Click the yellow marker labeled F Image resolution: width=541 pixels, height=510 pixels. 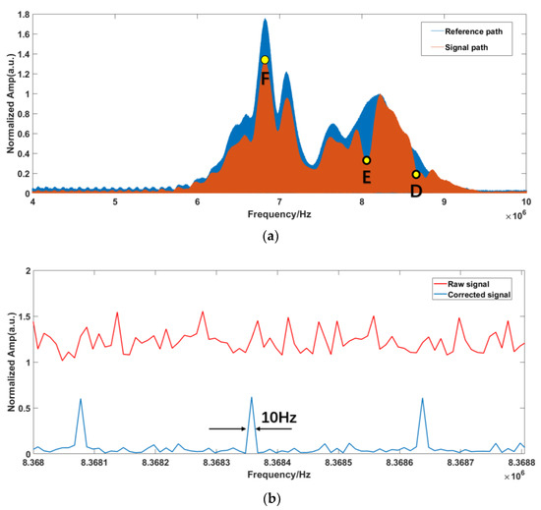click(x=265, y=60)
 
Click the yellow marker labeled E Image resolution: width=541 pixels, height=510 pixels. click(x=366, y=160)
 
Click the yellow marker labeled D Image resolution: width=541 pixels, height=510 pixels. click(x=416, y=175)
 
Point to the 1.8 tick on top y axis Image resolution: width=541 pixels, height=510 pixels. click(x=22, y=15)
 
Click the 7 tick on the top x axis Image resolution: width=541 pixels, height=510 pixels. click(x=280, y=202)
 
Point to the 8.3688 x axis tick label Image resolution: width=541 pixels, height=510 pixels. click(x=522, y=463)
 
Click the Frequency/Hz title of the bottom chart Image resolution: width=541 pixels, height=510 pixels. click(x=279, y=476)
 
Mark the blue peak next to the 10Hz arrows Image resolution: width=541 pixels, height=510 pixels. click(x=252, y=398)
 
